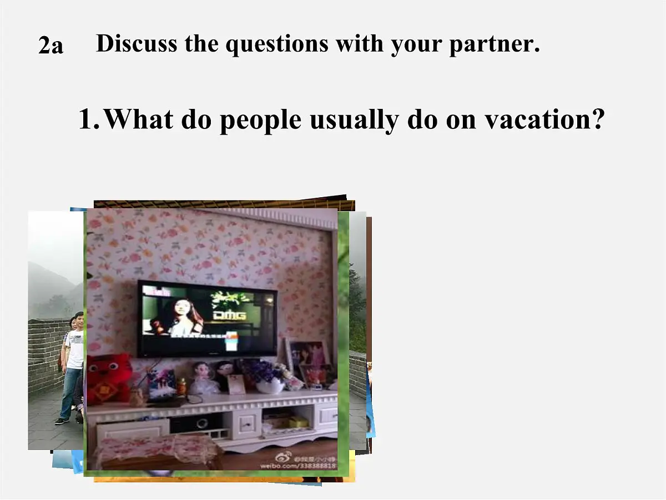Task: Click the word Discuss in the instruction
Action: (x=137, y=43)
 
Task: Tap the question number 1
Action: (x=88, y=119)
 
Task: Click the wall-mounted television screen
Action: (x=208, y=319)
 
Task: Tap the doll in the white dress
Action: (x=204, y=379)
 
